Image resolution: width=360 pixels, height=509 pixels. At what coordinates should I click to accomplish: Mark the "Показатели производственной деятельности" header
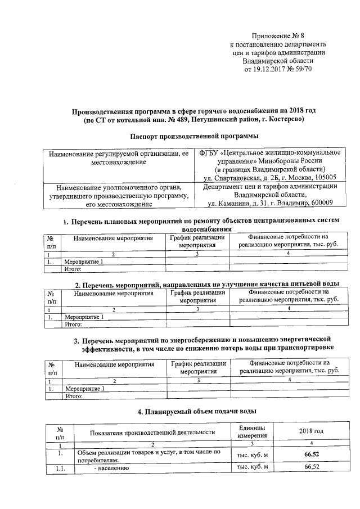[x=152, y=432]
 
